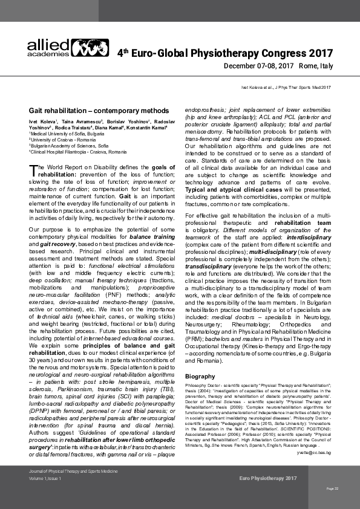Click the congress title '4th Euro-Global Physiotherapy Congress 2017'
tap(224, 54)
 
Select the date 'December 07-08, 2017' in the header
tap(258, 66)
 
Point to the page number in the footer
tap(332, 488)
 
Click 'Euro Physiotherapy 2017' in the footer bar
tap(268, 478)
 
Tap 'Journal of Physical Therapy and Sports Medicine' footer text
tap(68, 470)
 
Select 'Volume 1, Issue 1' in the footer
tap(48, 478)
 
